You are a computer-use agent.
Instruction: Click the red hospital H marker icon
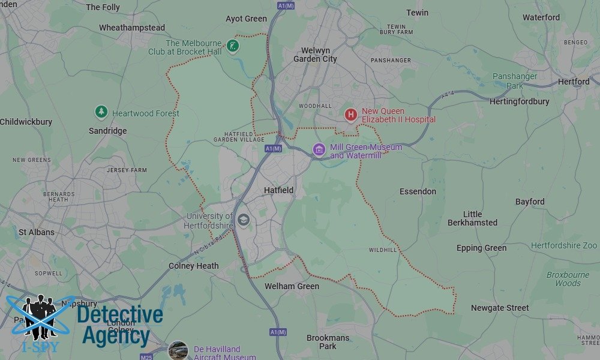[350, 114]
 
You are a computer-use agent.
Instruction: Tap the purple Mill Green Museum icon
[319, 149]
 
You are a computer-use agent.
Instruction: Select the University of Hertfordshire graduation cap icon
[243, 220]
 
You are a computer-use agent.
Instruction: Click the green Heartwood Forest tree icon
[101, 112]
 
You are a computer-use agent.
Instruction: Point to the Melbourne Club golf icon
[233, 46]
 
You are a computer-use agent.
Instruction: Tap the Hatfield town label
[279, 190]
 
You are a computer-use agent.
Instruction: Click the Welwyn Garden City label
[315, 54]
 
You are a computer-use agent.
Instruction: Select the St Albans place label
[37, 232]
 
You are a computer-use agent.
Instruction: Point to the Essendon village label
[418, 191]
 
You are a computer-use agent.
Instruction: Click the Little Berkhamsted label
[472, 218]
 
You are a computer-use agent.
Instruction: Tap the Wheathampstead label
[132, 28]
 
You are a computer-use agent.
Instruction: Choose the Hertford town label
[574, 82]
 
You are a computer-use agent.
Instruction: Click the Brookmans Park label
[328, 342]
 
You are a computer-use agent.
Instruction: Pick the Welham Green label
[292, 286]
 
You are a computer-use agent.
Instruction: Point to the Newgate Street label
[500, 308]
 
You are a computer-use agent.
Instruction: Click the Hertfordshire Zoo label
[564, 245]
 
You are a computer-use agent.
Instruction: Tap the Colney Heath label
[193, 266]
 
